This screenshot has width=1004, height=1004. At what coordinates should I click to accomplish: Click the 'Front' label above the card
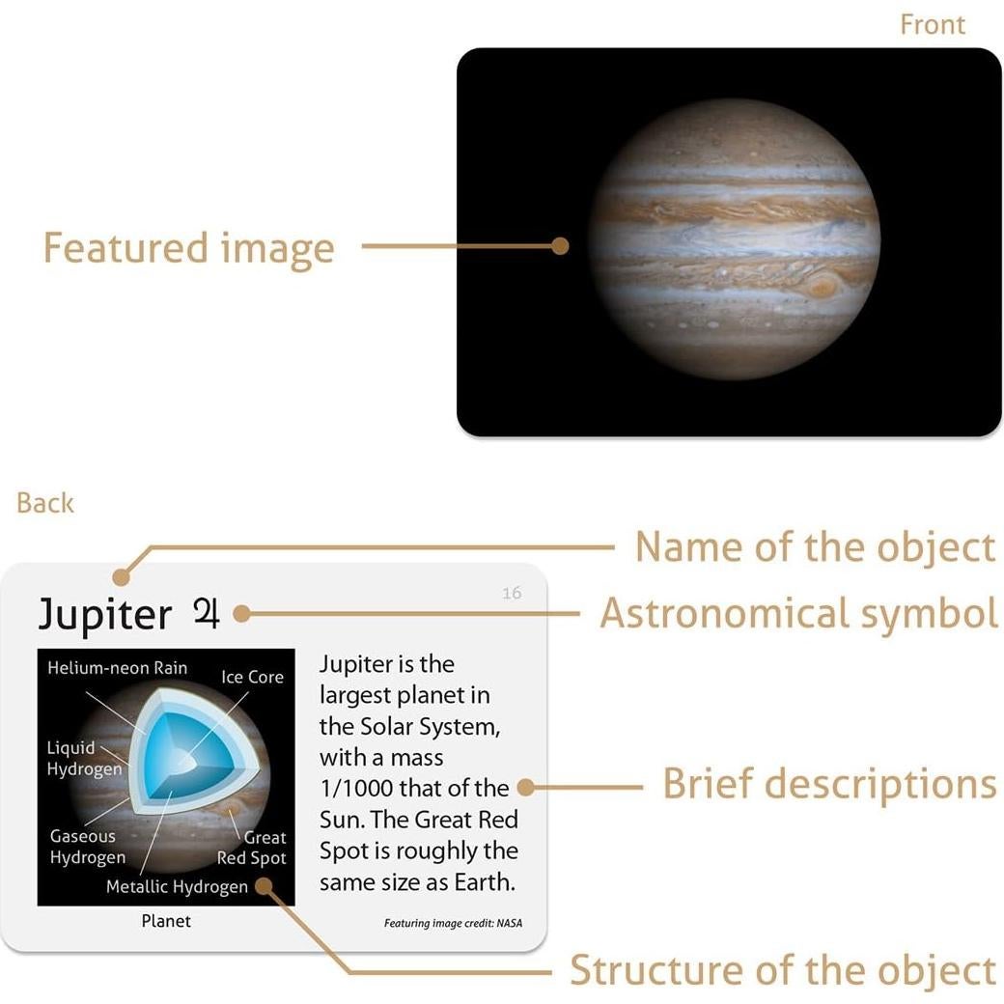coord(932,25)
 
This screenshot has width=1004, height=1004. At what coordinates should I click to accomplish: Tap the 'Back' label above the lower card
coord(45,503)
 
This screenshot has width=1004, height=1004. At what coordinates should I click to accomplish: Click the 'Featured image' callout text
coord(188,248)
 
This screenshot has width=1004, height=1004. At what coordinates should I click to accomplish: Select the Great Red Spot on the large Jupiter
coord(823,286)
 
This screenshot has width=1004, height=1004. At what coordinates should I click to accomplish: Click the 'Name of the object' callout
coord(814,547)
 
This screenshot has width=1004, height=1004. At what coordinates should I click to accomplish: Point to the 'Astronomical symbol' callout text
coord(798,613)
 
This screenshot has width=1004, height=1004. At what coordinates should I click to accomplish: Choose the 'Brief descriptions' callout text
coord(828,784)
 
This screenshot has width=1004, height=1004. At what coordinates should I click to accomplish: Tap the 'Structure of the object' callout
coord(782,970)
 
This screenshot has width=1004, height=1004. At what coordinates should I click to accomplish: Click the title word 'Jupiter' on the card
coord(104,614)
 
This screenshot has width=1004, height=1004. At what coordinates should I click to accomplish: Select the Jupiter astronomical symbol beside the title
coord(207,613)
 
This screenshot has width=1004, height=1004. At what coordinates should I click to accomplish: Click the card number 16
coord(512,593)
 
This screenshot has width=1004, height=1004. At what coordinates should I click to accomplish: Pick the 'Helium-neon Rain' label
coord(117,668)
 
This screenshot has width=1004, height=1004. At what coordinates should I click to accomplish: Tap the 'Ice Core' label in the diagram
coord(252,677)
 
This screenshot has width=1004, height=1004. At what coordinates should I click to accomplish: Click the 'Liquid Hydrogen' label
coord(84,758)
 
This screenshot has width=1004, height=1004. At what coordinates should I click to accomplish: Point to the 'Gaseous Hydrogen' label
coord(88,847)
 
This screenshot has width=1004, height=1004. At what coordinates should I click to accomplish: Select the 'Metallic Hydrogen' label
coord(177,886)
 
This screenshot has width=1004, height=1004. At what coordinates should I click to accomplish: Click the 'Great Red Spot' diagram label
coord(252,848)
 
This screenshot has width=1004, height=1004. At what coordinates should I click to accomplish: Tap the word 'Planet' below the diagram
coord(166,921)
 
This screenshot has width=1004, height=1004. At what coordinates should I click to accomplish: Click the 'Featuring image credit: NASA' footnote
coord(453,923)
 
